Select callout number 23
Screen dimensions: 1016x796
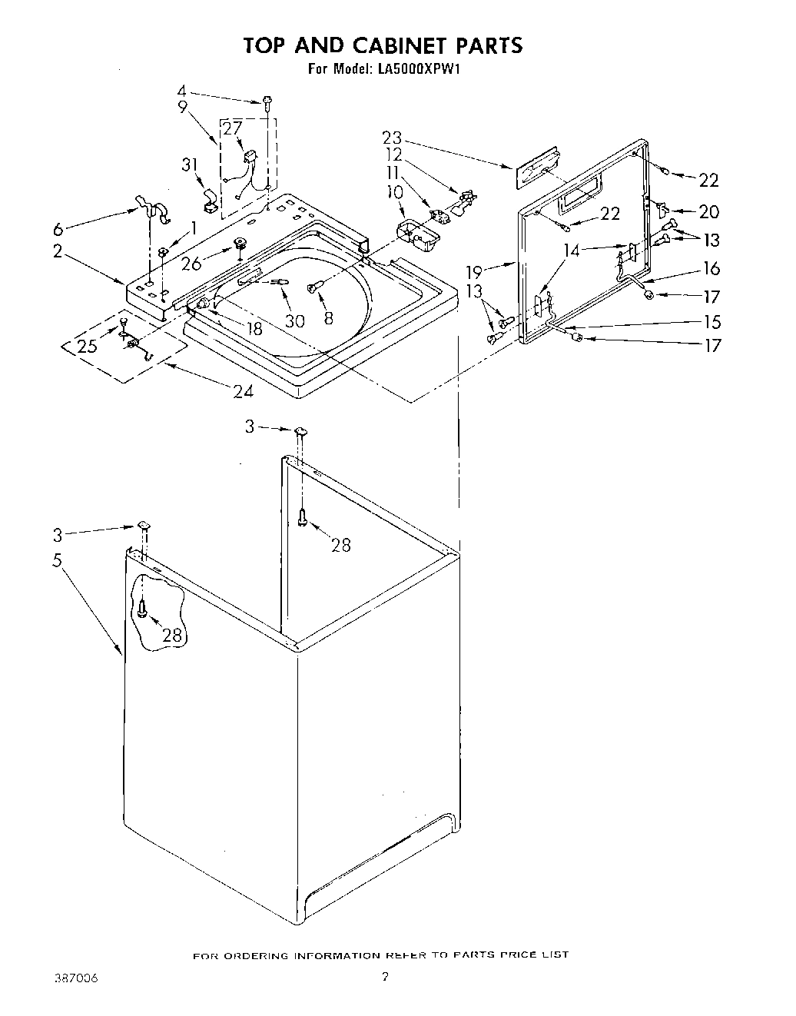pos(392,138)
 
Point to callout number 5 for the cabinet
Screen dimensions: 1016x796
pos(56,560)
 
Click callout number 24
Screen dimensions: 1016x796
pos(243,391)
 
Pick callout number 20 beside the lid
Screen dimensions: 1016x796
pos(708,212)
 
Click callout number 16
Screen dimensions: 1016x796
pos(711,267)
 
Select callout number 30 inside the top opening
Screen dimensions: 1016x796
pos(294,320)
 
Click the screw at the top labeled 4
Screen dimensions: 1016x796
pos(267,101)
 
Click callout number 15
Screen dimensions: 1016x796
pos(713,321)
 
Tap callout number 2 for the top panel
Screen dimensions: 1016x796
pos(58,251)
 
